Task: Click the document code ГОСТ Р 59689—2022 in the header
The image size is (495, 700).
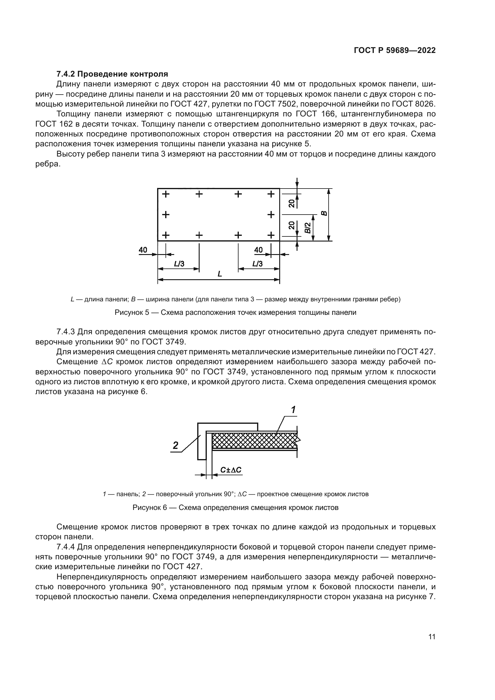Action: (x=395, y=51)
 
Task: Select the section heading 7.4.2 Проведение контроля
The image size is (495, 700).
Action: (x=112, y=74)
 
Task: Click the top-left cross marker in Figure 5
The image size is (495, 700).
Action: (x=165, y=194)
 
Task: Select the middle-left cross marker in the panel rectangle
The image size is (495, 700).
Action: (x=165, y=215)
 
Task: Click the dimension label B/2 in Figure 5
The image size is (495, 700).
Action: (x=308, y=227)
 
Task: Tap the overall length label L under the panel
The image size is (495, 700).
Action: (x=219, y=274)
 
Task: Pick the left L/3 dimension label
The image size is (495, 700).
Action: (x=179, y=264)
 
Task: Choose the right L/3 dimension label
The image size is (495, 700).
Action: (x=258, y=264)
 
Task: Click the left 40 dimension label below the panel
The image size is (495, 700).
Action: (x=143, y=250)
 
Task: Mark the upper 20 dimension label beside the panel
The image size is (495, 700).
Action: (x=292, y=203)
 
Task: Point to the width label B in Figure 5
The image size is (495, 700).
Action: (x=324, y=213)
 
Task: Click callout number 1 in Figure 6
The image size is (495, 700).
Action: (x=293, y=410)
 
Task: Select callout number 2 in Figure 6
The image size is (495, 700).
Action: (x=176, y=446)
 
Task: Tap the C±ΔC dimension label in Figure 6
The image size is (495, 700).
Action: (x=231, y=470)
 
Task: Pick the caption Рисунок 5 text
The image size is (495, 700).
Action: (x=235, y=312)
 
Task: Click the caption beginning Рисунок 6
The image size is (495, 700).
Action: (x=235, y=508)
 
